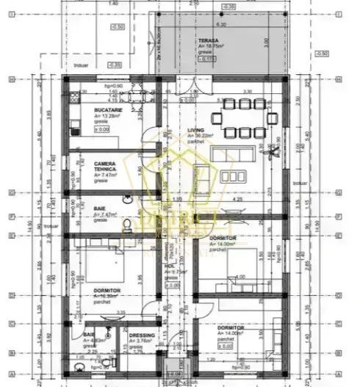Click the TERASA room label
pyautogui.click(x=207, y=40)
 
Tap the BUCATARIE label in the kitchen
pyautogui.click(x=108, y=109)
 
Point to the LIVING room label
pyautogui.click(x=196, y=130)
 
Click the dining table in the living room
pyautogui.click(x=245, y=117)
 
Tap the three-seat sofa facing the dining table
pyautogui.click(x=234, y=154)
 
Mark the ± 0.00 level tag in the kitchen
pyautogui.click(x=101, y=129)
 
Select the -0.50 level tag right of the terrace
pyautogui.click(x=321, y=54)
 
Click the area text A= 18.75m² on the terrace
pyautogui.click(x=212, y=46)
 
